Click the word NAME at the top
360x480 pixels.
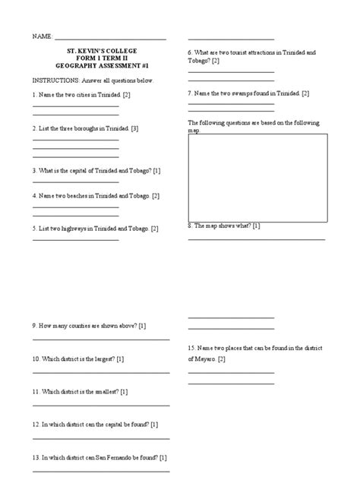point(41,36)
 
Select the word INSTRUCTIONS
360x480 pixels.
point(53,80)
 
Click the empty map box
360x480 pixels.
point(257,177)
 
